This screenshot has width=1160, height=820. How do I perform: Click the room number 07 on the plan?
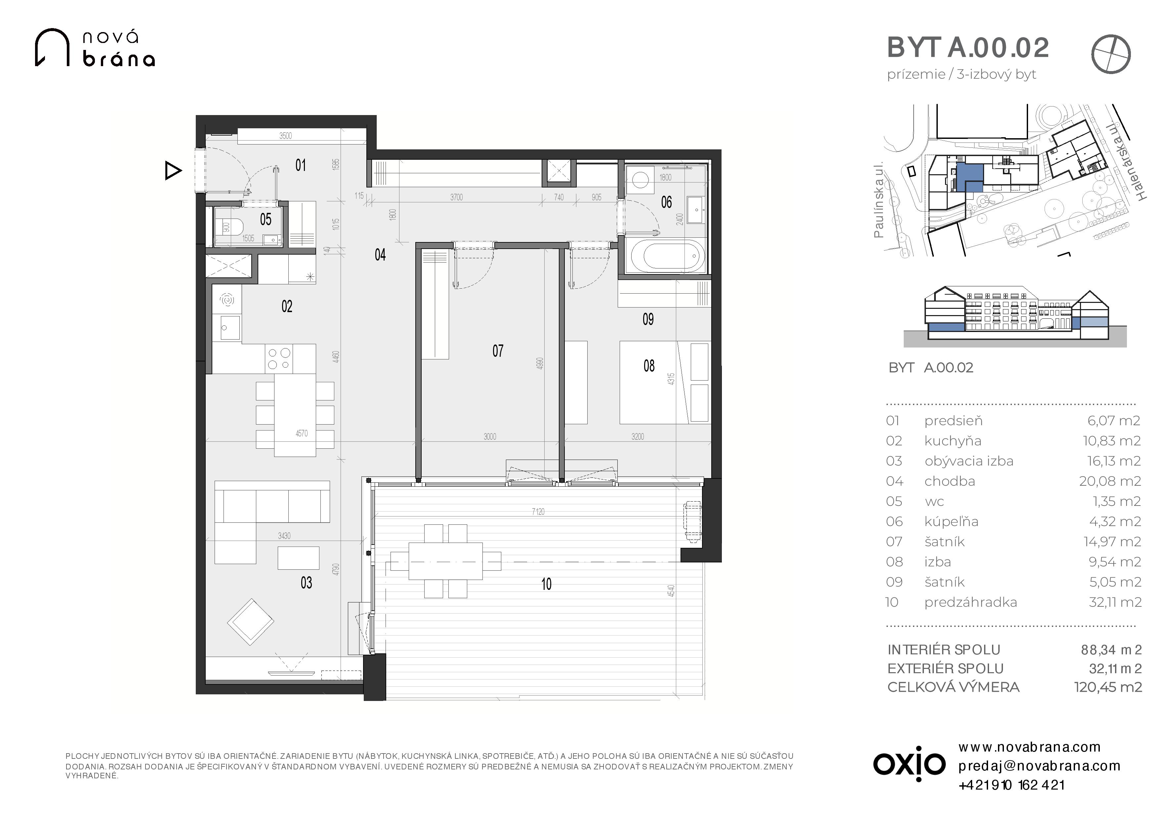[x=498, y=350]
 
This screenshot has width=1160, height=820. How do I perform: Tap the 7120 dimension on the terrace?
[x=538, y=512]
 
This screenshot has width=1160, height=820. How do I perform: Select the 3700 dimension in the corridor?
[x=456, y=197]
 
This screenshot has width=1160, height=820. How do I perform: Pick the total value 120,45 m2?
[x=1108, y=687]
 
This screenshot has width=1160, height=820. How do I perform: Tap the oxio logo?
[x=909, y=763]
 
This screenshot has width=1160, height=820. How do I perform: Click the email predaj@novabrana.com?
[x=1039, y=766]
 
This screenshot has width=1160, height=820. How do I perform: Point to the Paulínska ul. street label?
[x=879, y=200]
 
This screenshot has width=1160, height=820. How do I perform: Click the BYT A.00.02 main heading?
[x=968, y=48]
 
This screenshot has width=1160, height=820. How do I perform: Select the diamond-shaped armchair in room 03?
[x=251, y=622]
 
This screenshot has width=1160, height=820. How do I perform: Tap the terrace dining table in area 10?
[x=446, y=561]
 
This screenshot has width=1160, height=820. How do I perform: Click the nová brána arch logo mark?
[x=52, y=48]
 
